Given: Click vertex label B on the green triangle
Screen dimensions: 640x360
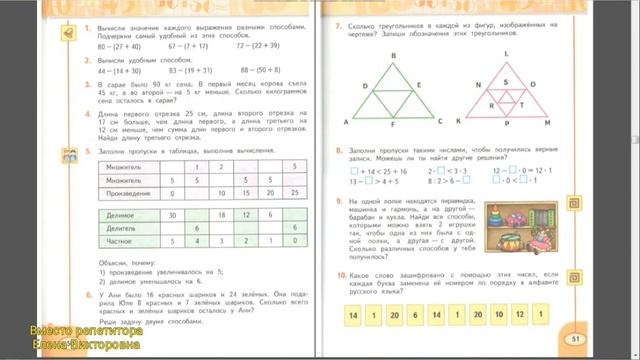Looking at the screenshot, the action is coord(393,56).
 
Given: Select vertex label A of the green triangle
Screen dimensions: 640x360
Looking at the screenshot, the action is coord(346,122).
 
